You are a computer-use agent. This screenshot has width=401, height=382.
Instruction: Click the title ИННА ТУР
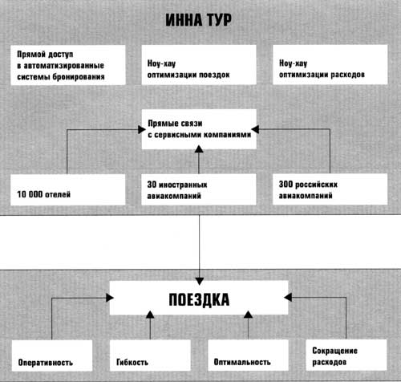198,20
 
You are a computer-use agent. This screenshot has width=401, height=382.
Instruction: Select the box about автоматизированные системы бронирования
68,65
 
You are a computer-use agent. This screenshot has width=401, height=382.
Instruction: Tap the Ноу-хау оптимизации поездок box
199,65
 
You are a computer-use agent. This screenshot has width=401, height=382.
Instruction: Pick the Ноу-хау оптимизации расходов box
330,64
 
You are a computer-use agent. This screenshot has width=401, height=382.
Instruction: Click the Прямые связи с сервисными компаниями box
199,129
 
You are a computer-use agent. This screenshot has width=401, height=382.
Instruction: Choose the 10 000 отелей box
68,189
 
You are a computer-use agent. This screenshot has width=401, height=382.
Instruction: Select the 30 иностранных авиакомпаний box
199,189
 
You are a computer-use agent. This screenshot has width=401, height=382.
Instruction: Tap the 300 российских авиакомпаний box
330,189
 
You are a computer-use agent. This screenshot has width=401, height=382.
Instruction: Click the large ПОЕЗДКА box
199,298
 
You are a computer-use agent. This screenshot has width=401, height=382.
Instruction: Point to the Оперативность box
52,356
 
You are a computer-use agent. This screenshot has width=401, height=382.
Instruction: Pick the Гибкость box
150,356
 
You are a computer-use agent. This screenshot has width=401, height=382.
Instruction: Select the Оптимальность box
249,356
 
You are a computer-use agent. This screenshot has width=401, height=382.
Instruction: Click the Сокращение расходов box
346,355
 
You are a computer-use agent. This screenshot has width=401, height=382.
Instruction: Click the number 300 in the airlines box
286,184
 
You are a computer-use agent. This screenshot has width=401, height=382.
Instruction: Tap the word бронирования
79,77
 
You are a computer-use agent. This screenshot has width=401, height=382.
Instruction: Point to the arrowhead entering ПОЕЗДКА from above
200,281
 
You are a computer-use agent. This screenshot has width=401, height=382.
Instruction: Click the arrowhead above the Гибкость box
150,315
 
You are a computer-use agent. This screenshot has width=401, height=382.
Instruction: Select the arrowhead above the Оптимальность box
249,315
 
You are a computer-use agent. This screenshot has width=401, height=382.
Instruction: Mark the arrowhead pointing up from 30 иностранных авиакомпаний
199,149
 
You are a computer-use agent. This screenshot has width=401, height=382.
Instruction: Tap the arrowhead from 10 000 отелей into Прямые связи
142,130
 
